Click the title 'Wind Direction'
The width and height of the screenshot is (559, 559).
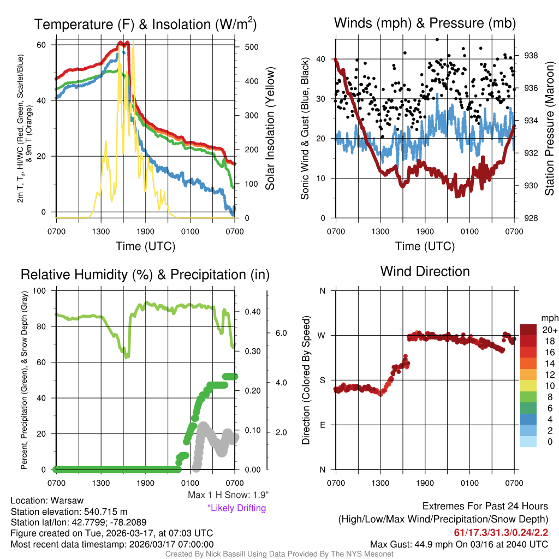point(425,271)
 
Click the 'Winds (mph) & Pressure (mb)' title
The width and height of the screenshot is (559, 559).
point(425,23)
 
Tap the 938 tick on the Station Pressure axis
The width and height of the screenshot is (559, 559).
point(531,55)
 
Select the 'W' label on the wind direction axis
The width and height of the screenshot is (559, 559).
point(322,335)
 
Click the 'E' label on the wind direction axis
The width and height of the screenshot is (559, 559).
point(322,425)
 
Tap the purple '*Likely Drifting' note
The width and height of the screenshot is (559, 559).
point(236,508)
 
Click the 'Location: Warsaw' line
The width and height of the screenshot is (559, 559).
point(47,501)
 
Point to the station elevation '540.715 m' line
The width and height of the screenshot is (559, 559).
point(69,512)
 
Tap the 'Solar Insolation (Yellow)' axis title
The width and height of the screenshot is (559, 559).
point(270,128)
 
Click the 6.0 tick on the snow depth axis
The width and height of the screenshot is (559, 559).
point(279,332)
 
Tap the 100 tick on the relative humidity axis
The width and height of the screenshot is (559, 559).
point(41,290)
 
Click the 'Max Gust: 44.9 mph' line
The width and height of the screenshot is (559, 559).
point(459,544)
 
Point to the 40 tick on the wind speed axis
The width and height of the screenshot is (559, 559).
point(322,59)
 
